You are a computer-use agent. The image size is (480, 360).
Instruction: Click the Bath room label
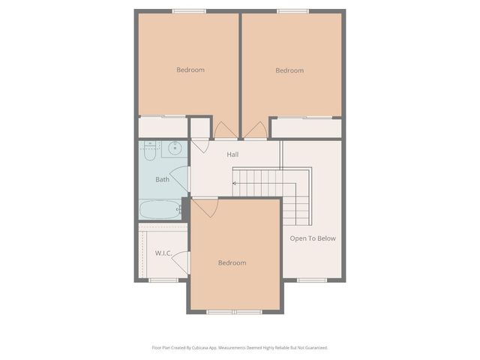[x=162, y=179]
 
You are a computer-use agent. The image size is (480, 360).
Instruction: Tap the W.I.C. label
[x=163, y=253]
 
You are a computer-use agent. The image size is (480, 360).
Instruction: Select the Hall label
[x=232, y=154]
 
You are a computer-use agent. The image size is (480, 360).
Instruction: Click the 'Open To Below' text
[x=313, y=238]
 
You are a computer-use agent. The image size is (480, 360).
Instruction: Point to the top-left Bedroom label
[x=190, y=70]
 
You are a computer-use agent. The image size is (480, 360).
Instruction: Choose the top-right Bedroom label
[x=289, y=70]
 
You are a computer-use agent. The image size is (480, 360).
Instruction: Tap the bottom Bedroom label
[x=232, y=262]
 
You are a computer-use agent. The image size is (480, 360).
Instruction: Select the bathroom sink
[x=174, y=147]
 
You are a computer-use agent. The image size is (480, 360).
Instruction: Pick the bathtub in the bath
[x=160, y=209]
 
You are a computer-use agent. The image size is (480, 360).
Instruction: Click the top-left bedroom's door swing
[x=224, y=130]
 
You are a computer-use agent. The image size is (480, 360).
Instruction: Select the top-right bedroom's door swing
[x=255, y=130]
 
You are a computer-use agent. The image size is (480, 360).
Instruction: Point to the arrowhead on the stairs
[x=234, y=182]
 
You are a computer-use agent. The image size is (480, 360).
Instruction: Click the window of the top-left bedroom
[x=189, y=10]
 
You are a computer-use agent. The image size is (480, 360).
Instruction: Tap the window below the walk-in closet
[x=160, y=280]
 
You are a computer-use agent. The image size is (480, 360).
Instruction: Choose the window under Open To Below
[x=309, y=280]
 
